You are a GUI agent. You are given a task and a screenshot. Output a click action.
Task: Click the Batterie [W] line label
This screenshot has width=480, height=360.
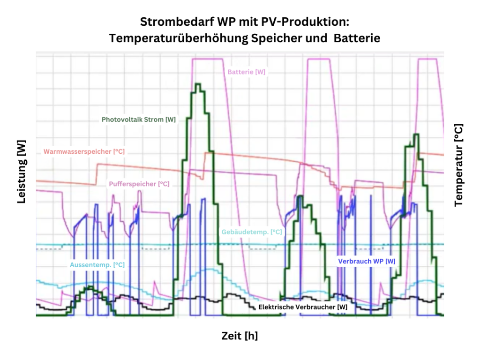tap(246, 72)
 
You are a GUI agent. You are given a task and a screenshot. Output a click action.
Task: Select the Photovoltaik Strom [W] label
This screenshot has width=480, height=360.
tap(139, 120)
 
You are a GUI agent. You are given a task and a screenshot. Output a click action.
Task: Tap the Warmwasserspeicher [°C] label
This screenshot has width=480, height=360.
tap(84, 151)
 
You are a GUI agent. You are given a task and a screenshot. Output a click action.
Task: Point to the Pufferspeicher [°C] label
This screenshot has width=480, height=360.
tap(139, 184)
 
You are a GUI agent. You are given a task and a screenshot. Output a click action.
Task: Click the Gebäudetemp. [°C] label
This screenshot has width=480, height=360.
tap(251, 232)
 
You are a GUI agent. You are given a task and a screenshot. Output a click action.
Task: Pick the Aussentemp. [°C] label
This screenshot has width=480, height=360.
tap(97, 265)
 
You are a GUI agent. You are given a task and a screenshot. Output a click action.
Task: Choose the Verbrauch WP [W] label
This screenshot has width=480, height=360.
tap(367, 261)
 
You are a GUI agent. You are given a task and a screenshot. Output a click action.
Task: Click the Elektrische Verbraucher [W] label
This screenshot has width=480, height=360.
tap(303, 307)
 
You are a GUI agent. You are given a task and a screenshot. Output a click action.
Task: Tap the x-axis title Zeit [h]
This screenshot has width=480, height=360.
tap(240, 336)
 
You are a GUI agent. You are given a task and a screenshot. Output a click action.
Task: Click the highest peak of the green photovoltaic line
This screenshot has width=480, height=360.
tap(197, 84)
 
